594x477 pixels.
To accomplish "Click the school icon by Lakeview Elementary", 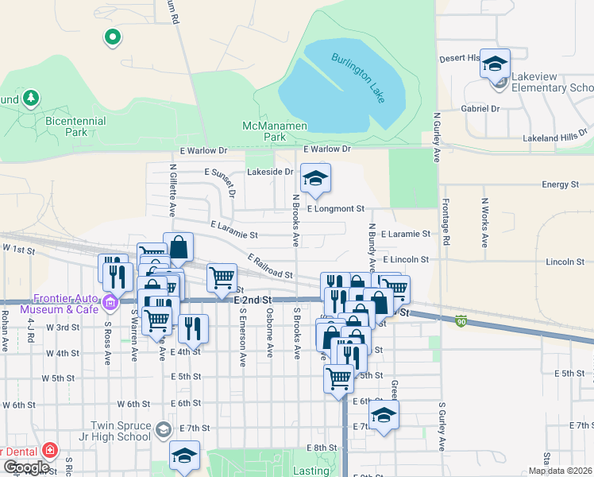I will click(x=495, y=64).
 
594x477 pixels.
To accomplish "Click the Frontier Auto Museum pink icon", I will click(x=110, y=301).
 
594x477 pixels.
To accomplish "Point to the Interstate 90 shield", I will click(x=461, y=320).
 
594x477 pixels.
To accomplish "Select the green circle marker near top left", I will click(x=113, y=36).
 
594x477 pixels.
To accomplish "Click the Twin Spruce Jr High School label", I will click(x=121, y=431).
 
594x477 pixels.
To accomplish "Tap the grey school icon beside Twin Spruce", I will click(x=163, y=430).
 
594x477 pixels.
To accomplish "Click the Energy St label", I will click(x=561, y=184).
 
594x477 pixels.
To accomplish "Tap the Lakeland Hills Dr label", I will click(x=554, y=136).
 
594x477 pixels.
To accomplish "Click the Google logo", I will click(x=26, y=467).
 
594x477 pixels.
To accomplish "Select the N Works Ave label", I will click(x=483, y=214).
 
